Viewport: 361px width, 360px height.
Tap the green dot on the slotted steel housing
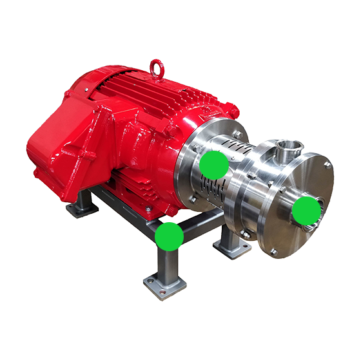[213, 166]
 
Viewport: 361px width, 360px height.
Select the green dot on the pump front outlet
[308, 210]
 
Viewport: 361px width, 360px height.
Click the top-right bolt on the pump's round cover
[327, 165]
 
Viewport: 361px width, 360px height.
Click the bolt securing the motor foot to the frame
[148, 209]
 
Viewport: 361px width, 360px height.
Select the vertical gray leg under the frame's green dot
[166, 264]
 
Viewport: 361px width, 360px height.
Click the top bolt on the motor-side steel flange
[237, 134]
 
